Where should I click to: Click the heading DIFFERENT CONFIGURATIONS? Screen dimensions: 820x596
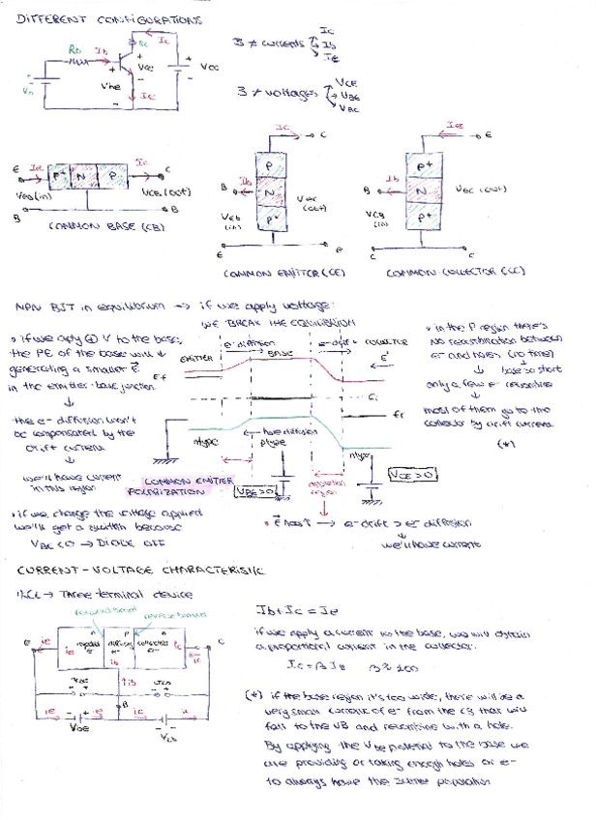click(x=110, y=19)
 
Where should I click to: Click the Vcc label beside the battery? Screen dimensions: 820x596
click(x=209, y=67)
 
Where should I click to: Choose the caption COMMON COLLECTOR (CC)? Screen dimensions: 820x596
click(x=454, y=273)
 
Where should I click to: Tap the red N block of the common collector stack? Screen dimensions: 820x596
click(x=422, y=191)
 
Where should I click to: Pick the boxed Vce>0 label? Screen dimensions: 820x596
click(x=412, y=476)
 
